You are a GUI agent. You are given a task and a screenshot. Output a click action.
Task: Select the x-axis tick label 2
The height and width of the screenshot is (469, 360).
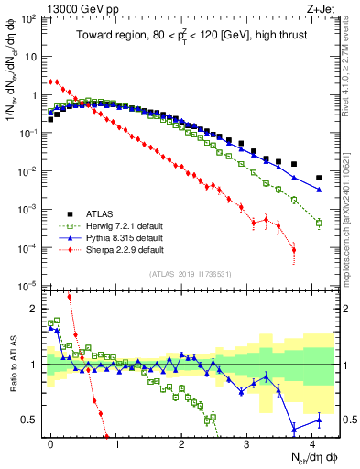pos(181,442)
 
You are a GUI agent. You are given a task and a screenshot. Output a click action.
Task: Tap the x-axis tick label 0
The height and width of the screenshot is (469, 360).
pos(50,442)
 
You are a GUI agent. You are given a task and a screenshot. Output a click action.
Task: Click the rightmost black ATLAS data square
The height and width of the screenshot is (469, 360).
pos(319,178)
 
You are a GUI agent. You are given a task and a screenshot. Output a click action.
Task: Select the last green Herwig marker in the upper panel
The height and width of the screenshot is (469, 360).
pos(319,223)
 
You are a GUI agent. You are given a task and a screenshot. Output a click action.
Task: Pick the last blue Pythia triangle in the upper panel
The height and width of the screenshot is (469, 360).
pos(319,190)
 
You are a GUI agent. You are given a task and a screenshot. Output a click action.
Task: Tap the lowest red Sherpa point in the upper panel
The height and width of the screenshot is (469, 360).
pos(294,250)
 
